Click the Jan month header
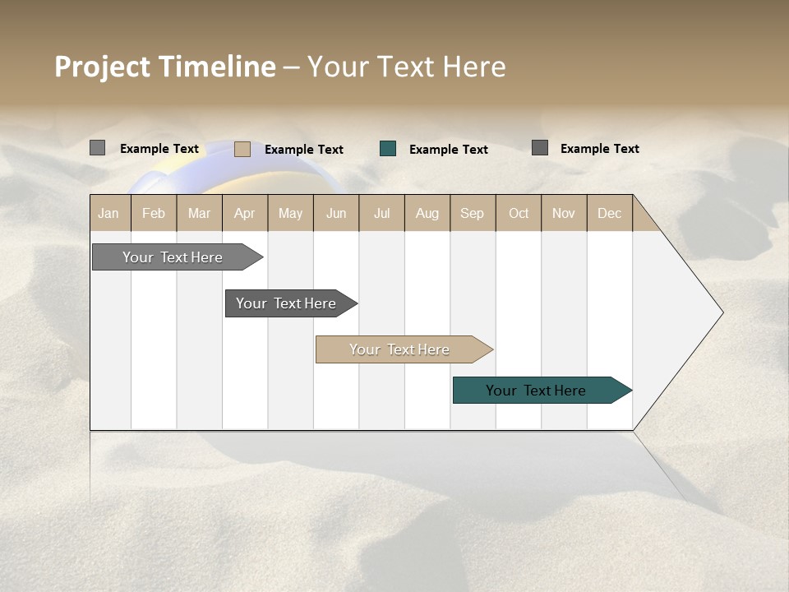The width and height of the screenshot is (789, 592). (109, 213)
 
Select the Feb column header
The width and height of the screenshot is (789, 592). (154, 213)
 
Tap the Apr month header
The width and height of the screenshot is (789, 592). (245, 213)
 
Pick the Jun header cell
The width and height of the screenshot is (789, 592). (336, 213)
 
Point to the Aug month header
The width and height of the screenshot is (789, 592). (427, 213)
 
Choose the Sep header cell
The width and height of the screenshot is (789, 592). (473, 213)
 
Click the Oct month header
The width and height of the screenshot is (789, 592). (519, 213)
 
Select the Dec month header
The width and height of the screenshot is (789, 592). (610, 213)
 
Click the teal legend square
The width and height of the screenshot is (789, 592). (388, 149)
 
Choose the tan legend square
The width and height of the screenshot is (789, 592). (242, 149)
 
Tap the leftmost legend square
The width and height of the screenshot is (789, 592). (98, 148)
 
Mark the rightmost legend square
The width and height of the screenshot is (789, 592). (540, 148)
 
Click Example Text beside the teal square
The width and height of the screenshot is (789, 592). (449, 150)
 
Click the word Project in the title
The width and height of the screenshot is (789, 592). (103, 67)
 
